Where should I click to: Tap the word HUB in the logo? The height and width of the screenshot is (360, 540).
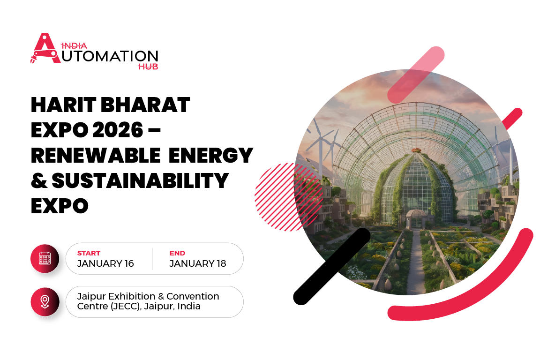pos(148,67)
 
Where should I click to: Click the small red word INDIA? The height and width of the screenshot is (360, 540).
pos(74,46)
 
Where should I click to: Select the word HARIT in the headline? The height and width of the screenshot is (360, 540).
pos(63,105)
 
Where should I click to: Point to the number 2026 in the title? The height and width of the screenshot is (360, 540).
pos(118,130)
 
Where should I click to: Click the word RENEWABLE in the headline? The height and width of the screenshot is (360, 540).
pos(96,155)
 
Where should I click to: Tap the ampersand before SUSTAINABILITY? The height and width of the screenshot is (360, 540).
pos(39,180)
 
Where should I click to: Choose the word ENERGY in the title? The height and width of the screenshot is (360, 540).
pos(211,155)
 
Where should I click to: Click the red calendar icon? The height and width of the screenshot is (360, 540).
pos(45,258)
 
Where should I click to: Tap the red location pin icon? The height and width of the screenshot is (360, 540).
pos(45,302)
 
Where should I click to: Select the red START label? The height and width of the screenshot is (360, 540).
pos(89,253)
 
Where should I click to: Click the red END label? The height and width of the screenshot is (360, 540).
pos(177,253)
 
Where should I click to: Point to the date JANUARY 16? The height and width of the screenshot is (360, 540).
pos(105,263)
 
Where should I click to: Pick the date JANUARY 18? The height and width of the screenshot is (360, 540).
pos(198,263)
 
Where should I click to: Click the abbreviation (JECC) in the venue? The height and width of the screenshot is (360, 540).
pos(126,307)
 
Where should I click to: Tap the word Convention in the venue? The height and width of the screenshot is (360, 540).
pos(193,296)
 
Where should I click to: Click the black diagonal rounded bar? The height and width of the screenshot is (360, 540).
pos(332,266)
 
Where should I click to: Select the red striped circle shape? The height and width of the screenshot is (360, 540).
pos(289,197)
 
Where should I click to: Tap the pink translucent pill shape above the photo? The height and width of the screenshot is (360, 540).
pos(416,75)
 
